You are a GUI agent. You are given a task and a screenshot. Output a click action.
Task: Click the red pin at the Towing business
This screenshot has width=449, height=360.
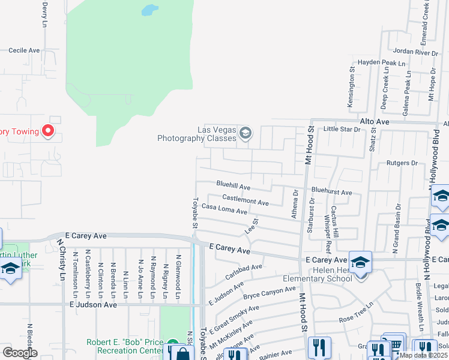(x=47, y=131)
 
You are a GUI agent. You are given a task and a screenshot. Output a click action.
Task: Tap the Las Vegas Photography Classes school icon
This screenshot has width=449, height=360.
(x=245, y=133)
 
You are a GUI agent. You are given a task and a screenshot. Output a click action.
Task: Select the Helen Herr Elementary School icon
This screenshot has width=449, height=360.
(x=360, y=262)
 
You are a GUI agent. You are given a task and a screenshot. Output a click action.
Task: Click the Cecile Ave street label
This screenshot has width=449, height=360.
(x=24, y=50)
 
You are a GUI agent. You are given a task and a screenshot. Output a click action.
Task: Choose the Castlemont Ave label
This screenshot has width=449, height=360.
(x=245, y=200)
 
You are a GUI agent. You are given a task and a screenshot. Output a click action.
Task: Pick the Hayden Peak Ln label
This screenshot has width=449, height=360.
(x=381, y=62)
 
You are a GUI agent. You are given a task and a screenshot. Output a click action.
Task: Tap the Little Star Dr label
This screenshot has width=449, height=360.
(x=342, y=129)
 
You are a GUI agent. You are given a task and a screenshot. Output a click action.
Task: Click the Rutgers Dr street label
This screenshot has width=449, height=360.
(x=402, y=163)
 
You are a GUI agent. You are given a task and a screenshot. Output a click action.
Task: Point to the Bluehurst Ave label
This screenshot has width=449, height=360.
(x=331, y=192)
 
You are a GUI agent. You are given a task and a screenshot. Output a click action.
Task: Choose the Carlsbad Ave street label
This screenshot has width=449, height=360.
(x=244, y=271)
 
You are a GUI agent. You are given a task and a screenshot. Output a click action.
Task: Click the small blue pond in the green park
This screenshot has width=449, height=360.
(x=149, y=10)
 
